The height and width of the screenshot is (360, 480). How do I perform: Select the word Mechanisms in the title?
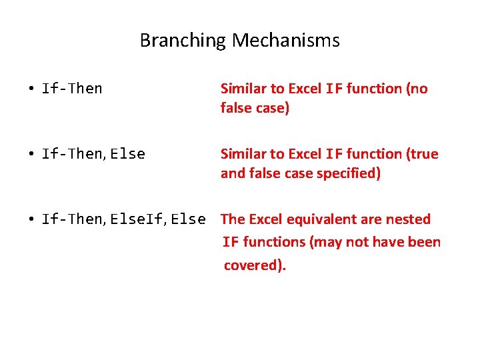(x=286, y=41)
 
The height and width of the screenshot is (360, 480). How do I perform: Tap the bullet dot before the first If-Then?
(x=31, y=89)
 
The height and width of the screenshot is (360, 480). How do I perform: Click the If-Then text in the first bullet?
(x=72, y=89)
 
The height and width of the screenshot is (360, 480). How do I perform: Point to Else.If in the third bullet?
(x=138, y=219)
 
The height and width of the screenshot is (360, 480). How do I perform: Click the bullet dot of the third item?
(x=31, y=220)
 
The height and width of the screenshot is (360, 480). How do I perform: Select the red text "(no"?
(x=417, y=89)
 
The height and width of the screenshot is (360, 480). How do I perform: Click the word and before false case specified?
(x=233, y=173)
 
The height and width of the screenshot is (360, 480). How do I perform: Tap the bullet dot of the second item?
(x=31, y=155)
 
